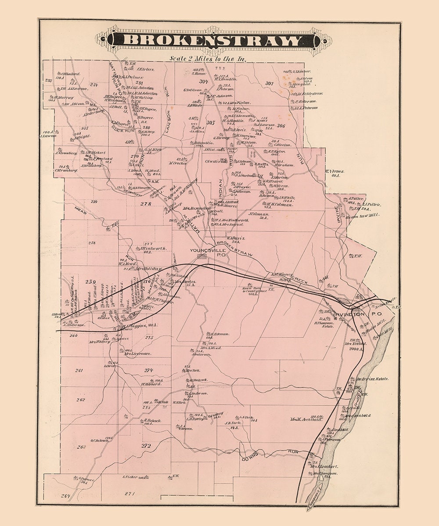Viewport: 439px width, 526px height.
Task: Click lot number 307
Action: pos(269,83)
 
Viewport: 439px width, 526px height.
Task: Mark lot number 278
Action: pos(146,204)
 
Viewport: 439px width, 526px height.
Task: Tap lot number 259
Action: pos(91,281)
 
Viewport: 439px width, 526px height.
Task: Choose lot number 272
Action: pos(146,445)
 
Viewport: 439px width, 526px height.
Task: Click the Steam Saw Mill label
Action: pos(362,215)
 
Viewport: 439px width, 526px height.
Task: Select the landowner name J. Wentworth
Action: pos(153,249)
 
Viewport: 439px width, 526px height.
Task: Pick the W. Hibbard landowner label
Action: pos(152,384)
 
